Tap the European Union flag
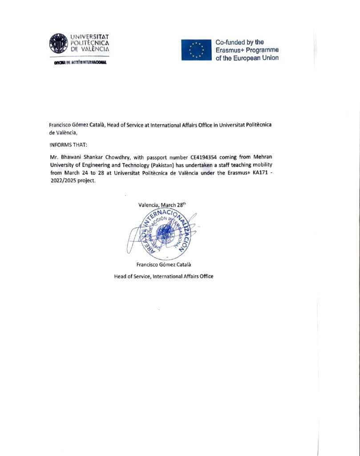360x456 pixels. [x=196, y=49]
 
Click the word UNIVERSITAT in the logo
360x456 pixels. [x=90, y=36]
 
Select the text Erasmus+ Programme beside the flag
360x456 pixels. [x=247, y=50]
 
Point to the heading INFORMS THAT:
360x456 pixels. [x=69, y=145]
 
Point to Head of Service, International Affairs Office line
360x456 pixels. [x=164, y=276]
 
